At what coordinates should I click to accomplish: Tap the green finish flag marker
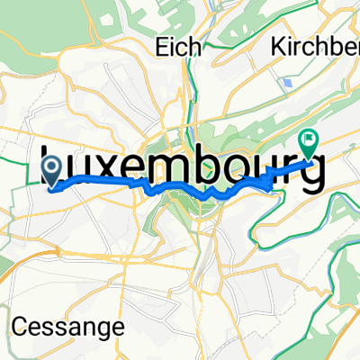click(309, 142)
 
